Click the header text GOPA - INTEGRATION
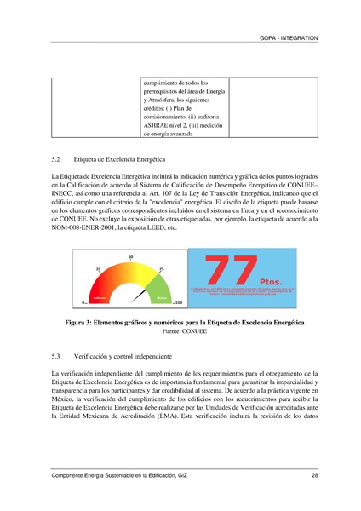(289, 39)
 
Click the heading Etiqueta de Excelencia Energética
(120, 159)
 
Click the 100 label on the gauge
(178, 302)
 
